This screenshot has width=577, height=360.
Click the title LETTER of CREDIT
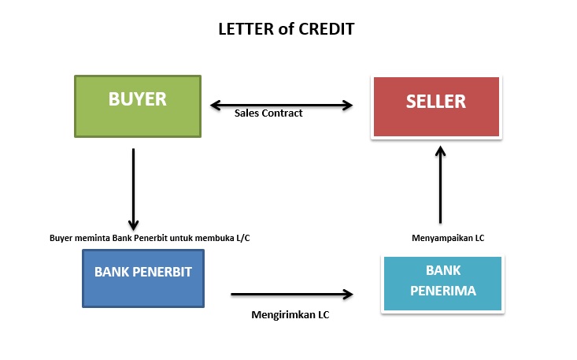(x=287, y=30)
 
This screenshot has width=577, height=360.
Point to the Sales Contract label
(x=268, y=113)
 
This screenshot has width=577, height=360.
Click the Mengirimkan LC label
(x=290, y=315)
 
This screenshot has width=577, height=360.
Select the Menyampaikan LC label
(x=447, y=237)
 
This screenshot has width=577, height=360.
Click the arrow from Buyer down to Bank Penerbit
(x=134, y=189)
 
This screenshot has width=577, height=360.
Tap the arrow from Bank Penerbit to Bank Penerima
(x=291, y=295)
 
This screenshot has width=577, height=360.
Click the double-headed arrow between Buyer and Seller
(x=280, y=104)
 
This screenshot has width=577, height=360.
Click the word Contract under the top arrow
(x=283, y=113)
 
